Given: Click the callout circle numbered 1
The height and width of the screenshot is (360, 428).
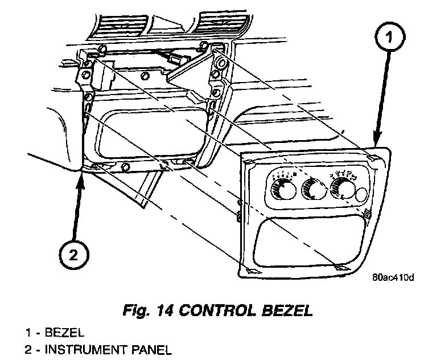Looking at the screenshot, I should pyautogui.click(x=389, y=39).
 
